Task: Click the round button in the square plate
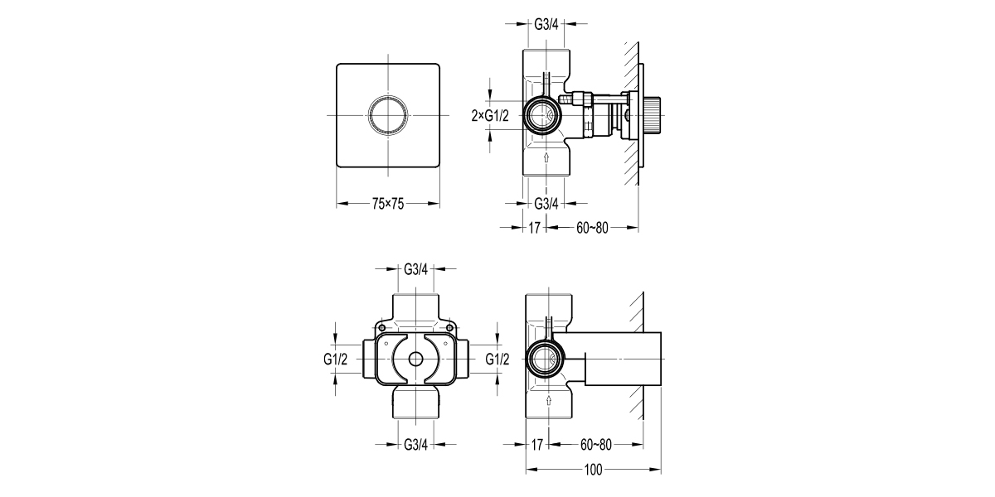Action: click(387, 113)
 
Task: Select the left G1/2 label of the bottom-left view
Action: click(335, 359)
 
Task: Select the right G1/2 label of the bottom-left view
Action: click(497, 359)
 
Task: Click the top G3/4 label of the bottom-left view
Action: click(416, 269)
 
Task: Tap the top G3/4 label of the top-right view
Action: click(546, 24)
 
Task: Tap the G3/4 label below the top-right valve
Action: click(546, 203)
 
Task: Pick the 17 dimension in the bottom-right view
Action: click(536, 446)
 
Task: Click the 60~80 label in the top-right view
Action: click(592, 227)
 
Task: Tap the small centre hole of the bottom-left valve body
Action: click(416, 359)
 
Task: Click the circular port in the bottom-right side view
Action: click(546, 359)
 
